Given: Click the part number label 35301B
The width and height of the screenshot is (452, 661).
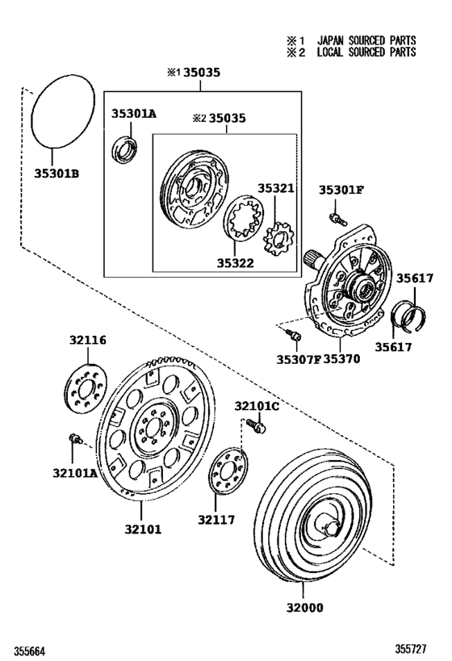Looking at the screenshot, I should (x=56, y=173).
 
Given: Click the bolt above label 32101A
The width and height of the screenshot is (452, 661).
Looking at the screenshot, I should (x=73, y=439).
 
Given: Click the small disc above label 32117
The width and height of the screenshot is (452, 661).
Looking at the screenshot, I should (x=227, y=476).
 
